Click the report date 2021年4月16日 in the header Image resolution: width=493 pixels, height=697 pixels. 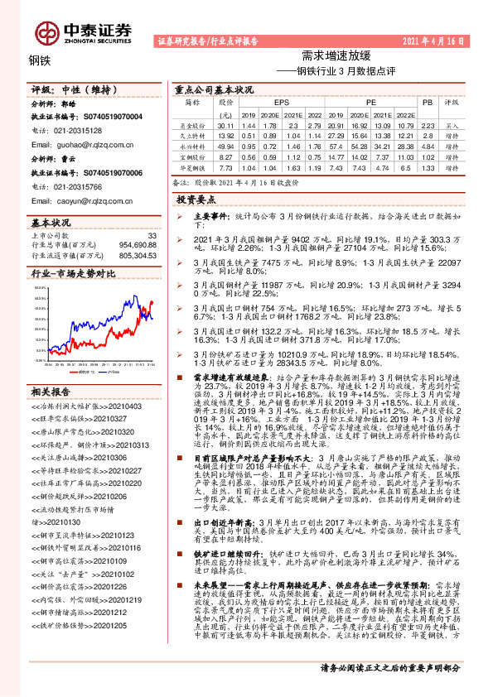coord(444,40)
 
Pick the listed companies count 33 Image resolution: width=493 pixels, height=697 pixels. coord(151,236)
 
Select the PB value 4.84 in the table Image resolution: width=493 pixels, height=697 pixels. coord(427,145)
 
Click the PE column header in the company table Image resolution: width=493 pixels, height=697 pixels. coord(371,103)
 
